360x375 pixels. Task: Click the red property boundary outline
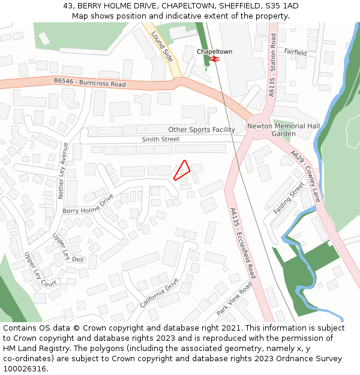[x=182, y=170]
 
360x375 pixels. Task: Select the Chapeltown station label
[x=214, y=52]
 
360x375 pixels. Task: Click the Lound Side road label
[x=162, y=47]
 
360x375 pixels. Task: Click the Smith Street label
[x=160, y=139]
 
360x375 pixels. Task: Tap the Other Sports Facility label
[x=202, y=130]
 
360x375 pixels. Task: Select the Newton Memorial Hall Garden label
[x=284, y=130]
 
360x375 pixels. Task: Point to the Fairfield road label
[x=295, y=53]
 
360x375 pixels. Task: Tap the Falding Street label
[x=289, y=199]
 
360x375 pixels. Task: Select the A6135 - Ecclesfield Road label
[x=242, y=243]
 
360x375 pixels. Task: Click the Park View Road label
[x=235, y=299]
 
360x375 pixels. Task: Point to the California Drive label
[x=160, y=293]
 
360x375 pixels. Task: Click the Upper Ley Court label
[x=41, y=269]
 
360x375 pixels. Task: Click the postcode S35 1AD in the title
[x=281, y=6]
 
